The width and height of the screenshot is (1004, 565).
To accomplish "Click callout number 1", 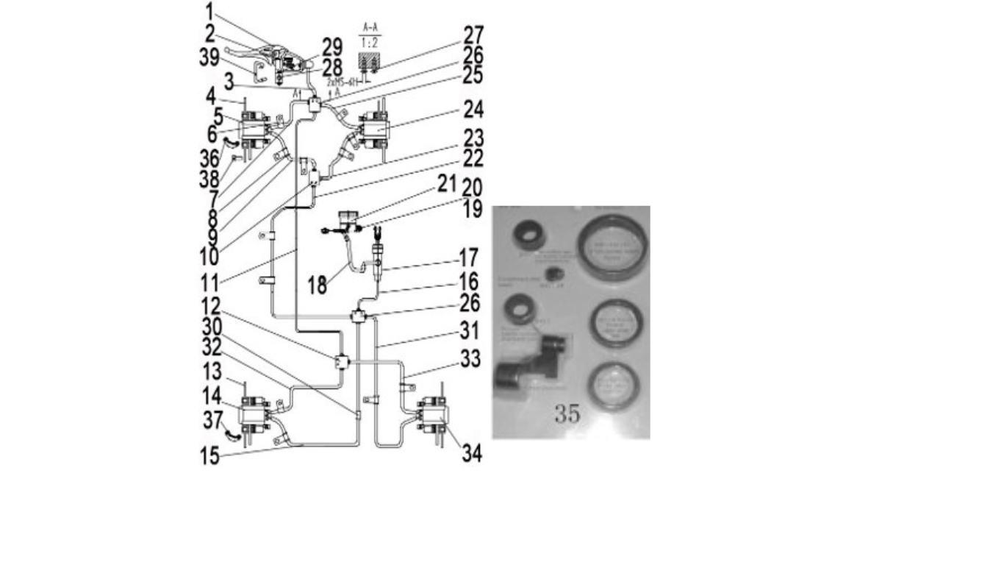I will [209, 12].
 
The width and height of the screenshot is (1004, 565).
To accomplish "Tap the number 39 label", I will [211, 59].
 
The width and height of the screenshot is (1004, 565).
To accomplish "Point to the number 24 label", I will [472, 111].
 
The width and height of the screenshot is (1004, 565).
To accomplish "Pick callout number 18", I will [317, 286].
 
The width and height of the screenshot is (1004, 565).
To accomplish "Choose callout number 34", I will [471, 454].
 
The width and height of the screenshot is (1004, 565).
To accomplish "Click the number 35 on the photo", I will [567, 414].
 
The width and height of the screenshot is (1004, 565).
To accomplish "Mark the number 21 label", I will [447, 184].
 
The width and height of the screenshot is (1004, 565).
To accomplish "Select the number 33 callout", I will [470, 360].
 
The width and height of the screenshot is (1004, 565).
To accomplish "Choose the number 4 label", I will [209, 96].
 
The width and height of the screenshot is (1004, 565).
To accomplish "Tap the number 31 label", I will [470, 332].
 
